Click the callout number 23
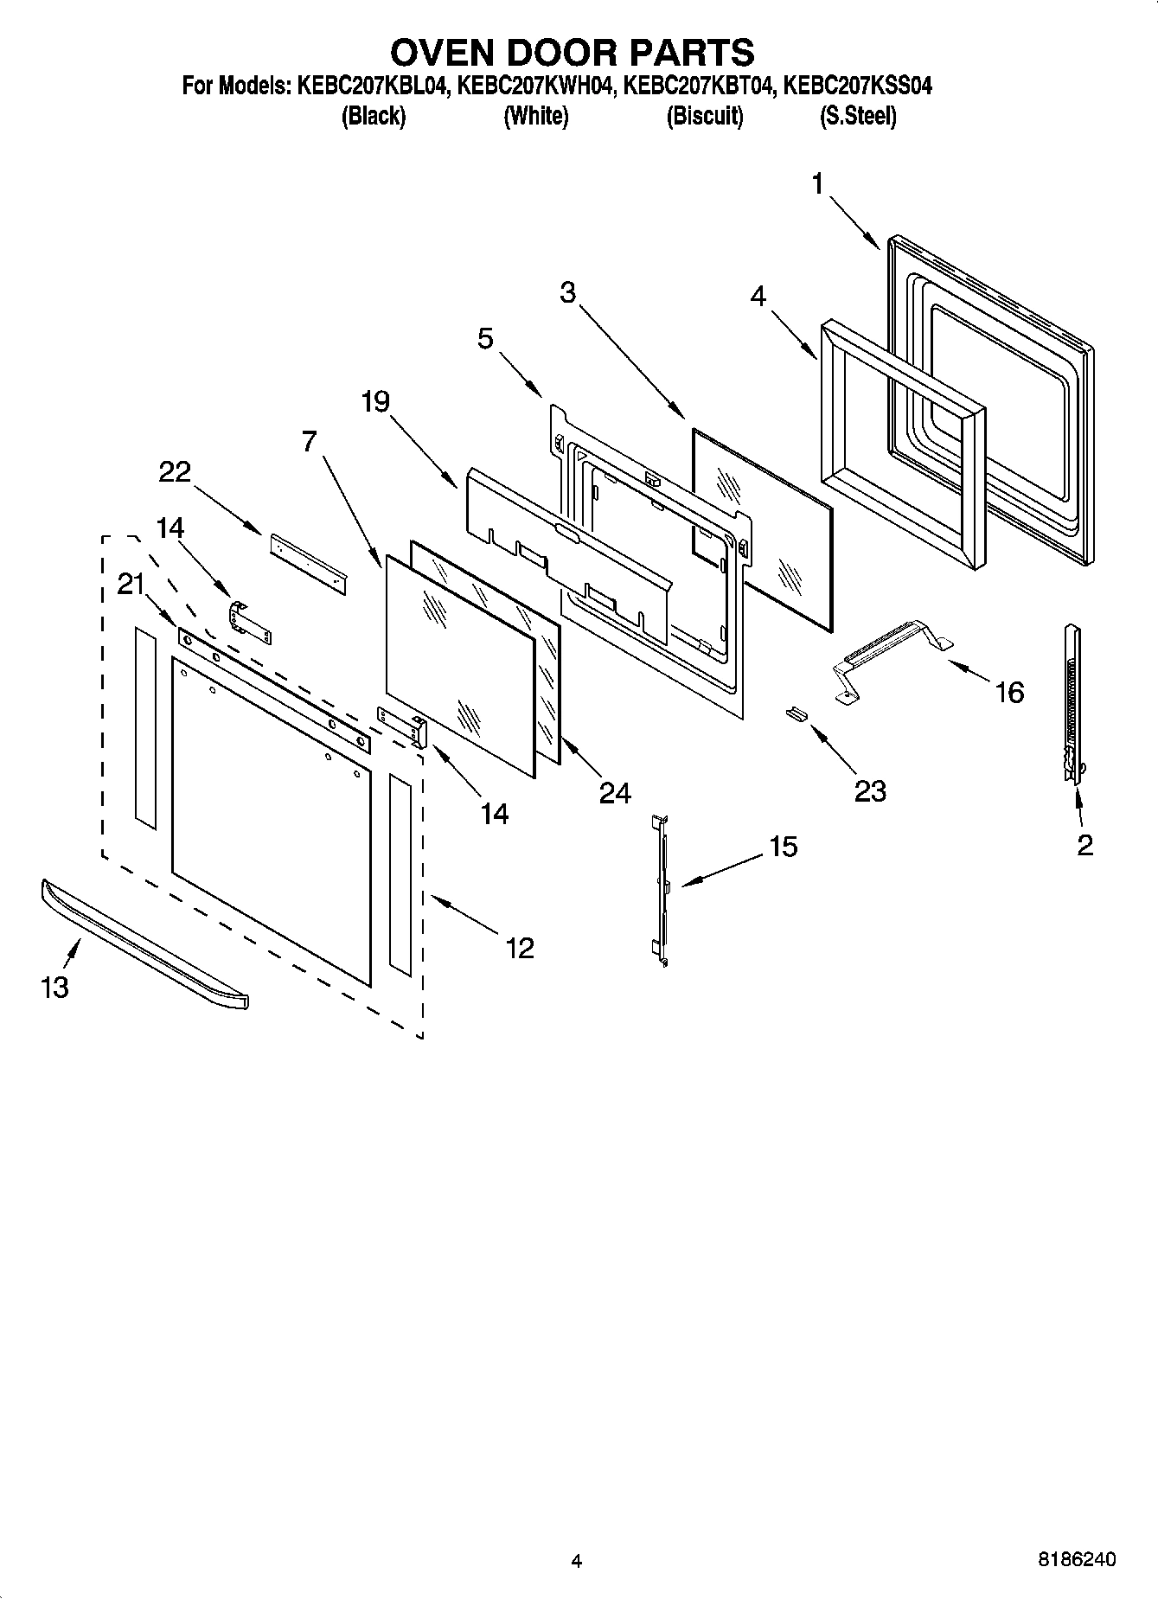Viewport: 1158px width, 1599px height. click(x=870, y=790)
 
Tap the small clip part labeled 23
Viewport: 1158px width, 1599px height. click(x=796, y=713)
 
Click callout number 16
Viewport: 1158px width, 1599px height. click(x=1009, y=692)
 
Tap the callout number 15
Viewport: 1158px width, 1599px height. click(x=783, y=847)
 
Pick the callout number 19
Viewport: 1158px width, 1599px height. click(x=375, y=401)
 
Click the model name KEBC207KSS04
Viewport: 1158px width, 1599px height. click(x=857, y=86)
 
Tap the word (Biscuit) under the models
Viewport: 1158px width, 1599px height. click(x=704, y=116)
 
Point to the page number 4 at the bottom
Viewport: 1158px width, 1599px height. click(x=577, y=1561)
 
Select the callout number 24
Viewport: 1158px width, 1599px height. click(x=615, y=792)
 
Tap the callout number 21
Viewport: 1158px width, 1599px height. click(x=131, y=585)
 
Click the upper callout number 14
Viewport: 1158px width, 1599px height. click(x=170, y=527)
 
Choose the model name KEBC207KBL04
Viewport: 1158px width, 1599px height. click(x=372, y=86)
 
